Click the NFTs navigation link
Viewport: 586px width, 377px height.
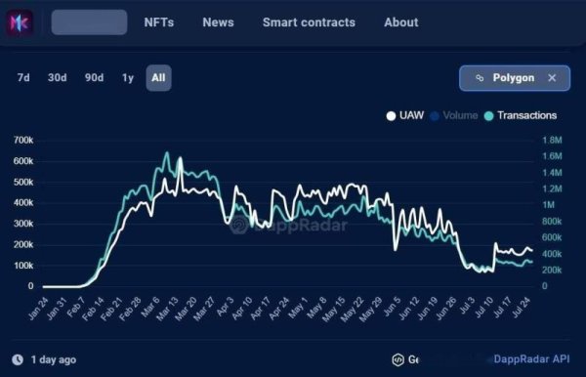(158, 22)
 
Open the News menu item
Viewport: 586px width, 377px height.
(218, 22)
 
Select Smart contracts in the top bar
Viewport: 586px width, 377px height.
(309, 22)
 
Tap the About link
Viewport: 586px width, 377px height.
(400, 22)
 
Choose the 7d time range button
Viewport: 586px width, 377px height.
(23, 78)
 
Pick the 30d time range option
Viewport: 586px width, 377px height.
(58, 78)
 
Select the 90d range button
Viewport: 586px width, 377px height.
(95, 78)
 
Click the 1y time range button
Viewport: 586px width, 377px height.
(128, 78)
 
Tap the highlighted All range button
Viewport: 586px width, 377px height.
(159, 78)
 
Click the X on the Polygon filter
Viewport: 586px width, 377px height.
(552, 78)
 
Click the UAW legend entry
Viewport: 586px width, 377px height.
(404, 116)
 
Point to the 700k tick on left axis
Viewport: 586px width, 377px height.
(23, 141)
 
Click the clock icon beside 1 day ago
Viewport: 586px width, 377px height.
(19, 359)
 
